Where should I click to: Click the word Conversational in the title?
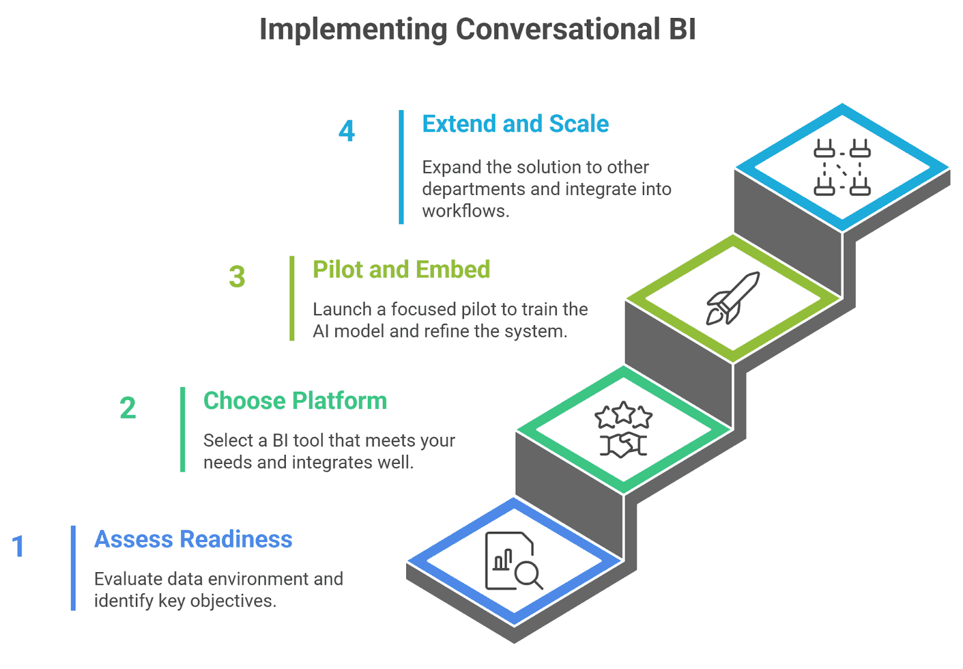[557, 29]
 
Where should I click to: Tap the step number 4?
[347, 131]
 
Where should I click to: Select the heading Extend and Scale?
[515, 124]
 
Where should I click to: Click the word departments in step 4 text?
[473, 189]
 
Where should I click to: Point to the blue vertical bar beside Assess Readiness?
[73, 568]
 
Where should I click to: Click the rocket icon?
[732, 298]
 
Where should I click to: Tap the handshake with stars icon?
[624, 430]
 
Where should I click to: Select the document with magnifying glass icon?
[513, 561]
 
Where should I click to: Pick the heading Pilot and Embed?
[401, 270]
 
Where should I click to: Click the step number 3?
[237, 277]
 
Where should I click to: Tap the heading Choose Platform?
[295, 401]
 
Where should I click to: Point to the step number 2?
[128, 408]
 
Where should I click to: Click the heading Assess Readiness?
[193, 539]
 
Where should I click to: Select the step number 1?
[18, 546]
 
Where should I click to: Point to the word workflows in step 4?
[464, 211]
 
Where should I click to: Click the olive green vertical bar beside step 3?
[292, 298]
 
